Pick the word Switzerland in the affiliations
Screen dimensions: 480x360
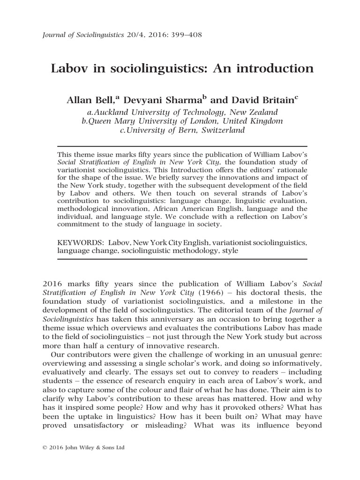pos(223,130)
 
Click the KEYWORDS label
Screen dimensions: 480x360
pos(79,243)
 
